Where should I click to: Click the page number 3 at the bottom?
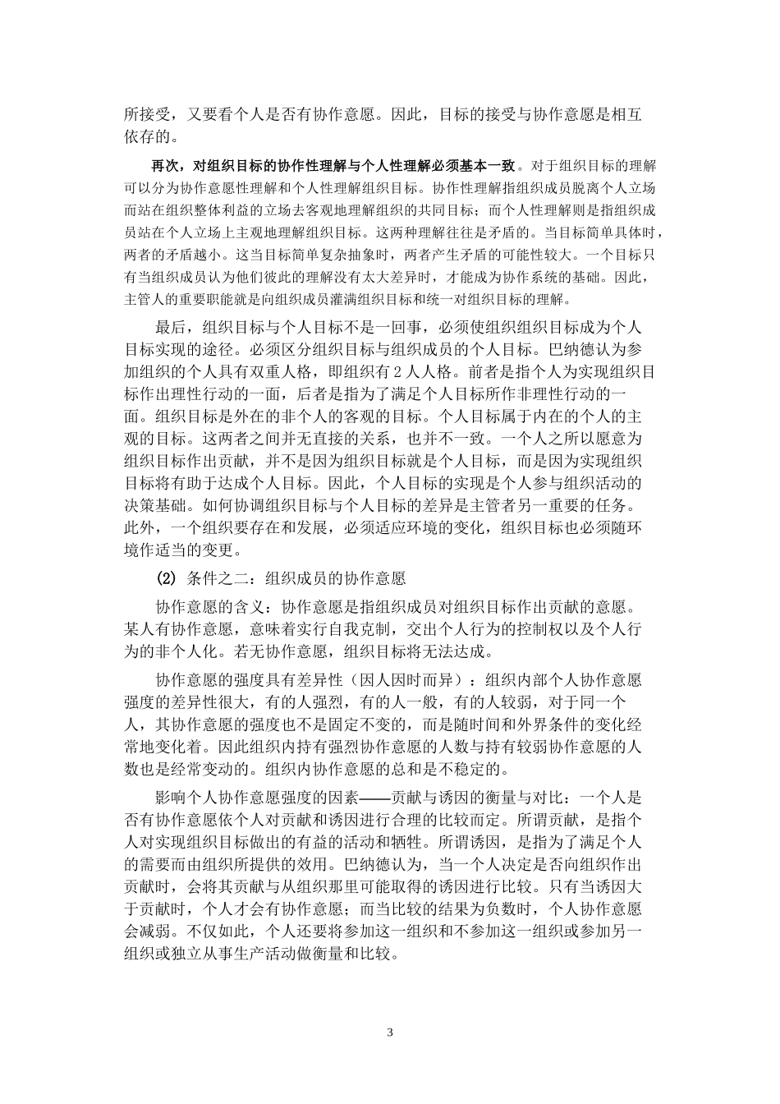pos(390,1033)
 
